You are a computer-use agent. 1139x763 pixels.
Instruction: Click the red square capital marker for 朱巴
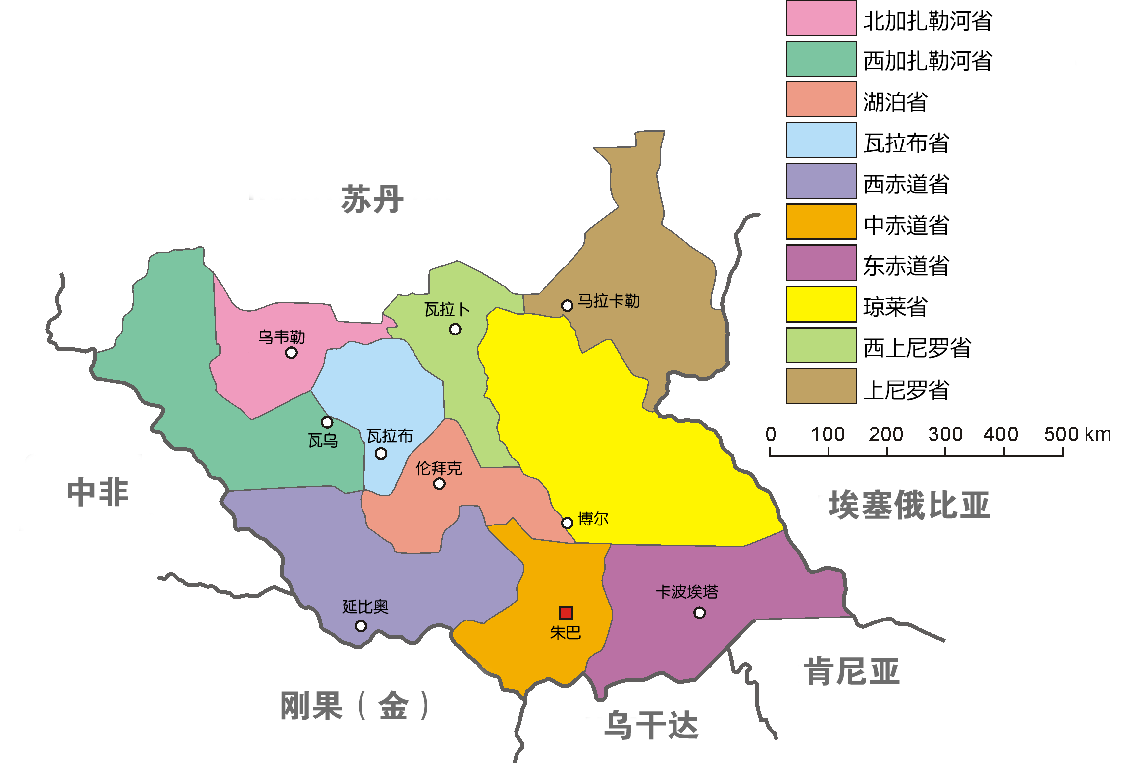tap(566, 613)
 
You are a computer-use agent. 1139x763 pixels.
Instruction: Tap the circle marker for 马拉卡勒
tap(567, 306)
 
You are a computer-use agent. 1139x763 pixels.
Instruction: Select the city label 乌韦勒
tap(281, 337)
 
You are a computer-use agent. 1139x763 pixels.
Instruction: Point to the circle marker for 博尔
tap(567, 523)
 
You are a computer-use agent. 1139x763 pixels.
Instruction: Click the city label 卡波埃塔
tap(686, 592)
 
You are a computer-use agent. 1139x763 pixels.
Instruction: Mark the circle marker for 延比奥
tap(361, 626)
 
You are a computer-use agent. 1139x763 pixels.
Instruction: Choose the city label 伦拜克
tap(438, 468)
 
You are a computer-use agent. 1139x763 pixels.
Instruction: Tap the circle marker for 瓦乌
tap(327, 422)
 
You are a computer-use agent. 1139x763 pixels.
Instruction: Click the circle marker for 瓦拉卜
tap(455, 330)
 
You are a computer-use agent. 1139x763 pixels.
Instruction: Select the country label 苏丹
tap(372, 199)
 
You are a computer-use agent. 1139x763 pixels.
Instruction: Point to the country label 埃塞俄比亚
tap(909, 505)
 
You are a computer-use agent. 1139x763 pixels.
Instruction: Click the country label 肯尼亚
tap(851, 671)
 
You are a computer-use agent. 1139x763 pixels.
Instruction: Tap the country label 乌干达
tap(651, 725)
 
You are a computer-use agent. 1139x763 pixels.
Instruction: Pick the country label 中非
tap(98, 492)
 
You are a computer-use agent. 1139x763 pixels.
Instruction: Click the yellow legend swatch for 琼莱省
tap(821, 304)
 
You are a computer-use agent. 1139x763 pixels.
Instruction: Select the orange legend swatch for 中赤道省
tap(821, 222)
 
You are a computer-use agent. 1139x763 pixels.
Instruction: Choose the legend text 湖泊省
tap(895, 102)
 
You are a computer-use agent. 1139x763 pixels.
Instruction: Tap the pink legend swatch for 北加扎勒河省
tap(821, 18)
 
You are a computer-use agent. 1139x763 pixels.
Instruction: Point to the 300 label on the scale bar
tap(945, 434)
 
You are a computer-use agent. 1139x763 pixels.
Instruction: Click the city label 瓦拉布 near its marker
tap(390, 436)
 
